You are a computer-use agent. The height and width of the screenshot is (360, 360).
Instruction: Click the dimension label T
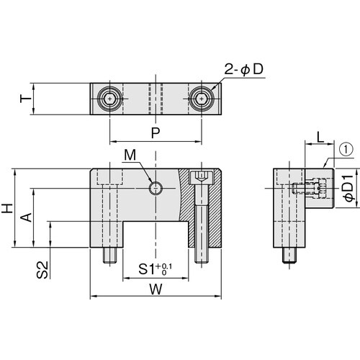[x=26, y=99]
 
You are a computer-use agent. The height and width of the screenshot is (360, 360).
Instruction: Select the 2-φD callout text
[x=243, y=70]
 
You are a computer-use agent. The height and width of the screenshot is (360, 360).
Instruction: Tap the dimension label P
[x=156, y=132]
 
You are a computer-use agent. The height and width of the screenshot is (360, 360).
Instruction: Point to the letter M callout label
[x=130, y=155]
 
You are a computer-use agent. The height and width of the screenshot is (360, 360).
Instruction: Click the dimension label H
[x=7, y=208]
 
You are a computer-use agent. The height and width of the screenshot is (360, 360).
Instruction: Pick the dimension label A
[x=26, y=217]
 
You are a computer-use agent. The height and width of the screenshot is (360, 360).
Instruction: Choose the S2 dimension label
[x=42, y=270]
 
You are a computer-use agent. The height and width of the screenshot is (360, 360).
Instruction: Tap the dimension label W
[x=156, y=289]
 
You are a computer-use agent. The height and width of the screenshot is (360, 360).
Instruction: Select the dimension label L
[x=320, y=138]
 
